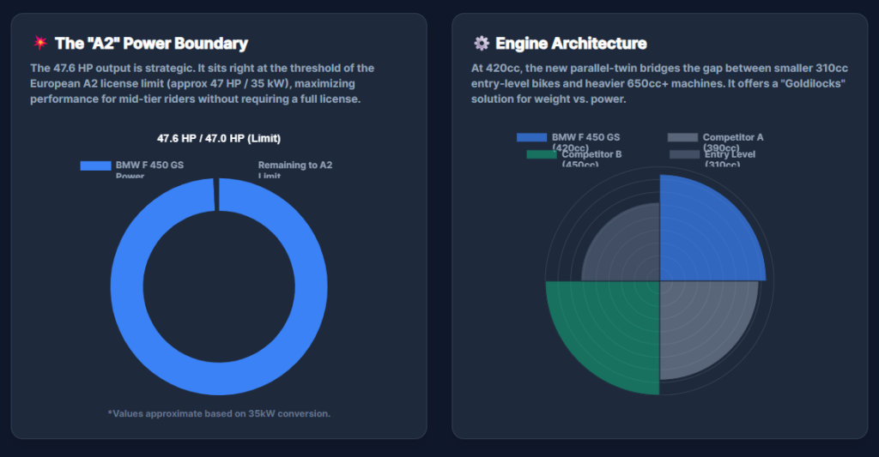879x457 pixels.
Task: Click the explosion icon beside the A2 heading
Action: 39,43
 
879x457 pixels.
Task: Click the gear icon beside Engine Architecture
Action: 481,43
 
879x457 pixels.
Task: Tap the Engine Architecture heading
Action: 571,43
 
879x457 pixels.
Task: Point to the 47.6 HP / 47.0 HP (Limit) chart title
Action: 219,138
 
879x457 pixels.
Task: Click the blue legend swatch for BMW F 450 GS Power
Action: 95,165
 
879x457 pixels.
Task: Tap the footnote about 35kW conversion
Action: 219,413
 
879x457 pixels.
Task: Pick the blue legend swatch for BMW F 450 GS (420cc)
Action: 531,137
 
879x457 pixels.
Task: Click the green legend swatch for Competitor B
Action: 541,154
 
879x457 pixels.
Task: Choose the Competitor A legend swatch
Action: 682,137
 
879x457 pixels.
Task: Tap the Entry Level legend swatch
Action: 684,154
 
